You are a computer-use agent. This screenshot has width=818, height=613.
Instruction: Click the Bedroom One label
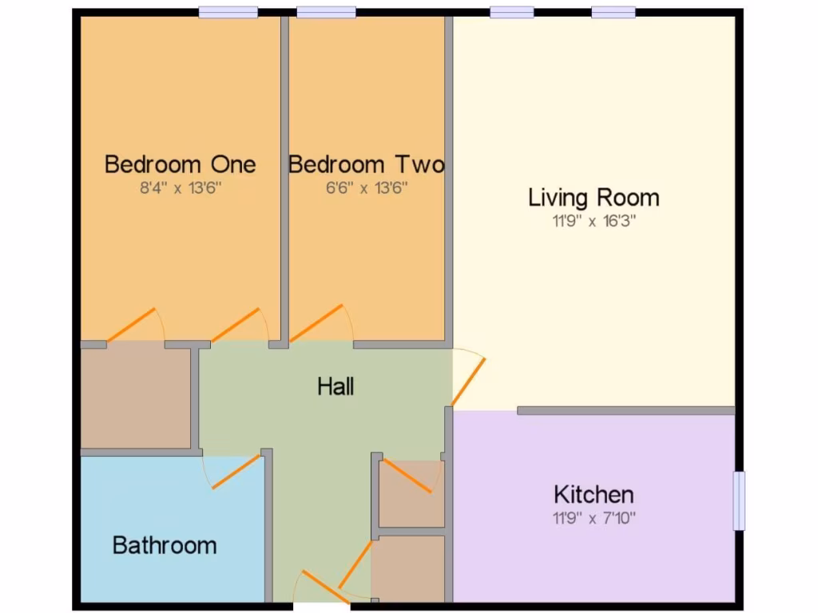(181, 164)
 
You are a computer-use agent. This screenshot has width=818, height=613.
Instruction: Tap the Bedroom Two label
(366, 164)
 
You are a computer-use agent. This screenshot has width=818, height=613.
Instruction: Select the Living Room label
(594, 197)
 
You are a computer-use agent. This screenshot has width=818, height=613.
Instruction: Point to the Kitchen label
(594, 494)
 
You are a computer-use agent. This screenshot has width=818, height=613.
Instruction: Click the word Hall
(336, 387)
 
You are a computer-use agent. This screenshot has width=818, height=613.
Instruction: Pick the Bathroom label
(165, 545)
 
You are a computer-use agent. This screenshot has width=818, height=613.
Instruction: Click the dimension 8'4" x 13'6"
(181, 188)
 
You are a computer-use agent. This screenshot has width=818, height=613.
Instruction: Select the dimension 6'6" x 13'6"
(366, 188)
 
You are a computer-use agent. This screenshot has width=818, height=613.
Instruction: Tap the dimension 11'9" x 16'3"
(594, 221)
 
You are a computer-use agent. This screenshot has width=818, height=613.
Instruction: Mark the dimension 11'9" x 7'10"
(594, 518)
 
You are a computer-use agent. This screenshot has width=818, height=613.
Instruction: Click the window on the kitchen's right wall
(739, 500)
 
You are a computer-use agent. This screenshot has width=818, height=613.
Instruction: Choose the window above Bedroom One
(228, 12)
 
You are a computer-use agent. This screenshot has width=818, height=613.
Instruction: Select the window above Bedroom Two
(326, 12)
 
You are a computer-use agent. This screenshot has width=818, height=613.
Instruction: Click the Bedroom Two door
(318, 323)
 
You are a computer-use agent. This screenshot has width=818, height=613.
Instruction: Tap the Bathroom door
(236, 471)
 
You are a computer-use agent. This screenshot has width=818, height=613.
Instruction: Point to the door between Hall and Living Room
(469, 380)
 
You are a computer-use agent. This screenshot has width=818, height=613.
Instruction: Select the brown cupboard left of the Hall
(136, 397)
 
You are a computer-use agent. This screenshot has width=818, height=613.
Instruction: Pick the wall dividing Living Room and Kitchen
(625, 410)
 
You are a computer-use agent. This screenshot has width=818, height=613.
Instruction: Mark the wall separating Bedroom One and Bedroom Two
(284, 180)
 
